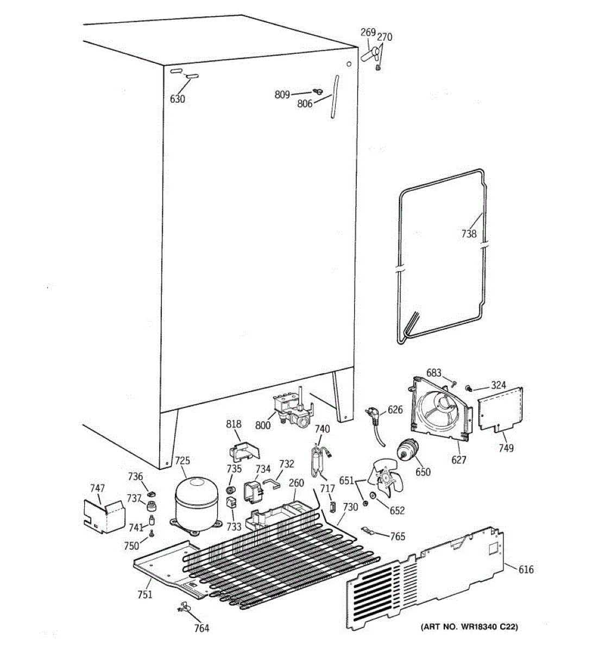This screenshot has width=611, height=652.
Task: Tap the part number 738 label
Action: tap(469, 234)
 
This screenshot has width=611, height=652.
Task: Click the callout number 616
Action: tap(526, 569)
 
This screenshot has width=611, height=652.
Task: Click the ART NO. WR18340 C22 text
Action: tap(469, 627)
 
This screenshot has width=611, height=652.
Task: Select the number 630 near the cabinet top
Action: tap(178, 99)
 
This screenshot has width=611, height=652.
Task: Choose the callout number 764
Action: tap(201, 628)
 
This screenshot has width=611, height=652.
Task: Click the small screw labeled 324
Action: tap(468, 387)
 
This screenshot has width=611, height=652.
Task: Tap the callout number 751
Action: tap(144, 594)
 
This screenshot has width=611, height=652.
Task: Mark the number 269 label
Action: tap(368, 33)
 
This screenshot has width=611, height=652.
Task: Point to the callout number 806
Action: tap(304, 104)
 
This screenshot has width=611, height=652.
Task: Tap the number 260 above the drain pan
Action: tap(297, 483)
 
